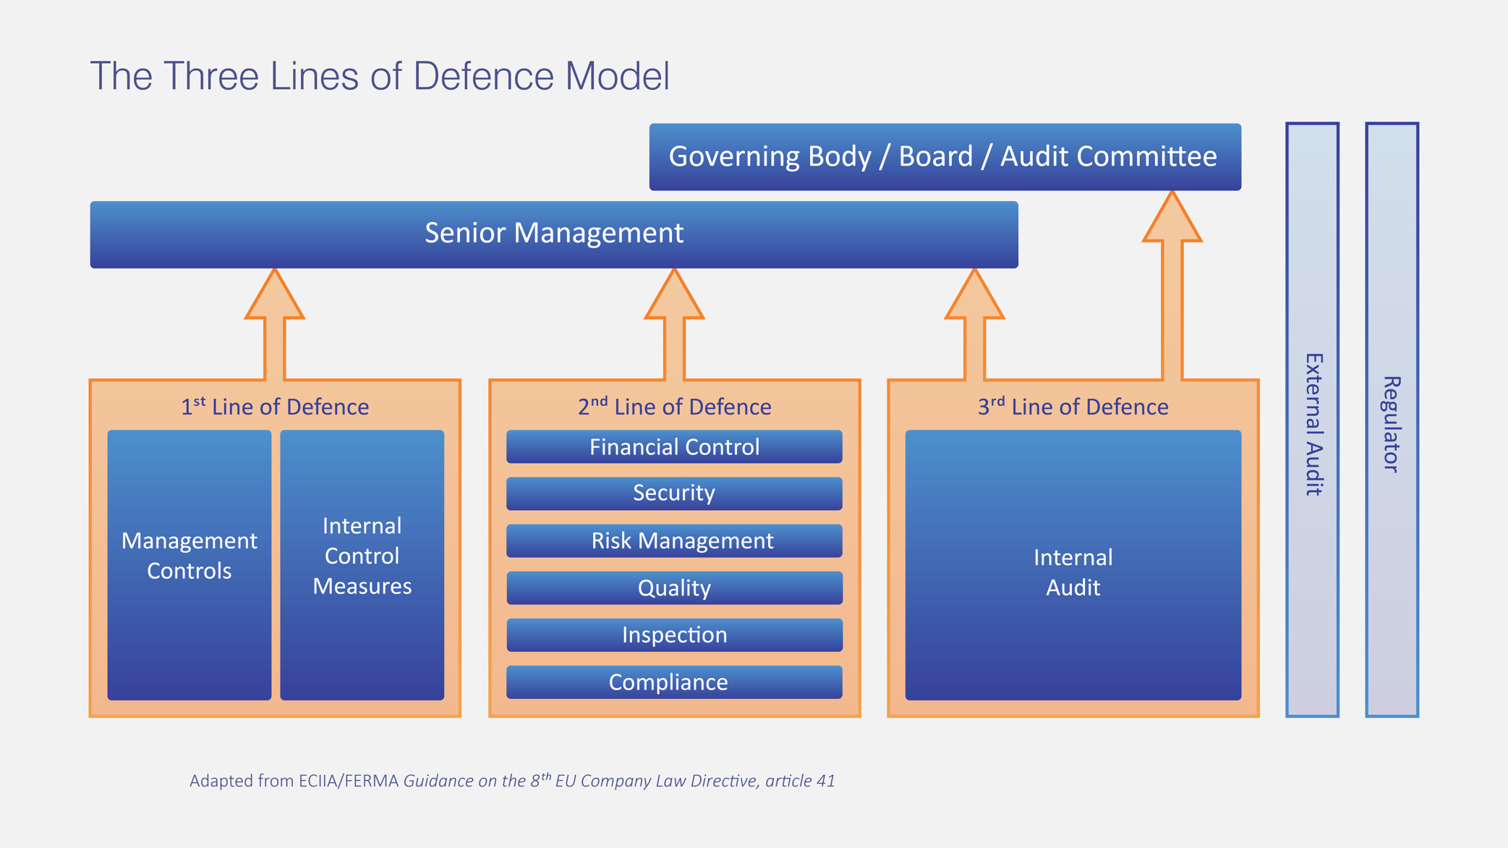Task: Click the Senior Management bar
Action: (553, 234)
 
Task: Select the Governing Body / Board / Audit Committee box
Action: (944, 157)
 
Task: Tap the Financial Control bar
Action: (674, 447)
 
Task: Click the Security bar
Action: (674, 493)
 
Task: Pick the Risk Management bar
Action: (674, 540)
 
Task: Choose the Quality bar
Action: (674, 588)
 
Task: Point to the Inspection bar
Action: (674, 635)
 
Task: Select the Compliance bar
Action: (674, 682)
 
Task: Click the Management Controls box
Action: (189, 564)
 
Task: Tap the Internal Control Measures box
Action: (362, 564)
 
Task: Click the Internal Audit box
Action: (1073, 564)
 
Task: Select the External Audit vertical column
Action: (1312, 420)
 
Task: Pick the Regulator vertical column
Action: (1392, 420)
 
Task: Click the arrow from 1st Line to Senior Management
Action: (274, 326)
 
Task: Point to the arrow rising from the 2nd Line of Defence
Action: (674, 326)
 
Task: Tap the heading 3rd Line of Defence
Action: (1073, 407)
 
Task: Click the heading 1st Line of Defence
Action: (274, 407)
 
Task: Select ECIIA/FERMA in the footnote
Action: (349, 781)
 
